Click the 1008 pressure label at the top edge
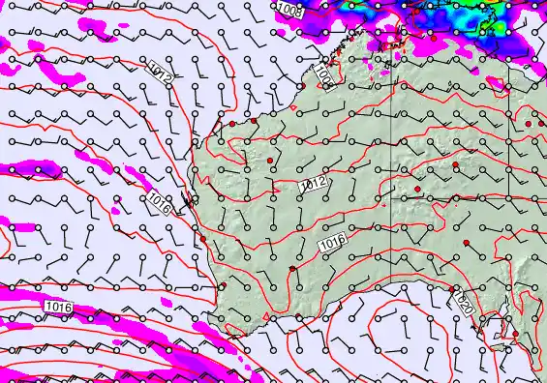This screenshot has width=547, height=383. [289, 9]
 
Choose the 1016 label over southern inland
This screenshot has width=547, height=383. [333, 248]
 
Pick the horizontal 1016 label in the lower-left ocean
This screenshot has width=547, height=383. [58, 307]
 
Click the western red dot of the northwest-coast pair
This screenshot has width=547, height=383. [232, 124]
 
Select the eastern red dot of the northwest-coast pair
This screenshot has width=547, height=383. [254, 121]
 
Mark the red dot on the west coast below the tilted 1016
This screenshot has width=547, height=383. [203, 241]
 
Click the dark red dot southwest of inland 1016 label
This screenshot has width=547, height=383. [292, 268]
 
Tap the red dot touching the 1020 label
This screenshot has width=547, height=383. [452, 288]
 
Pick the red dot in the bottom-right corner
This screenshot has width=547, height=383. [516, 335]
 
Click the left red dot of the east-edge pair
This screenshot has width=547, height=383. [527, 125]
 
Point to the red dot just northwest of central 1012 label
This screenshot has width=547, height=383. [269, 160]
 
